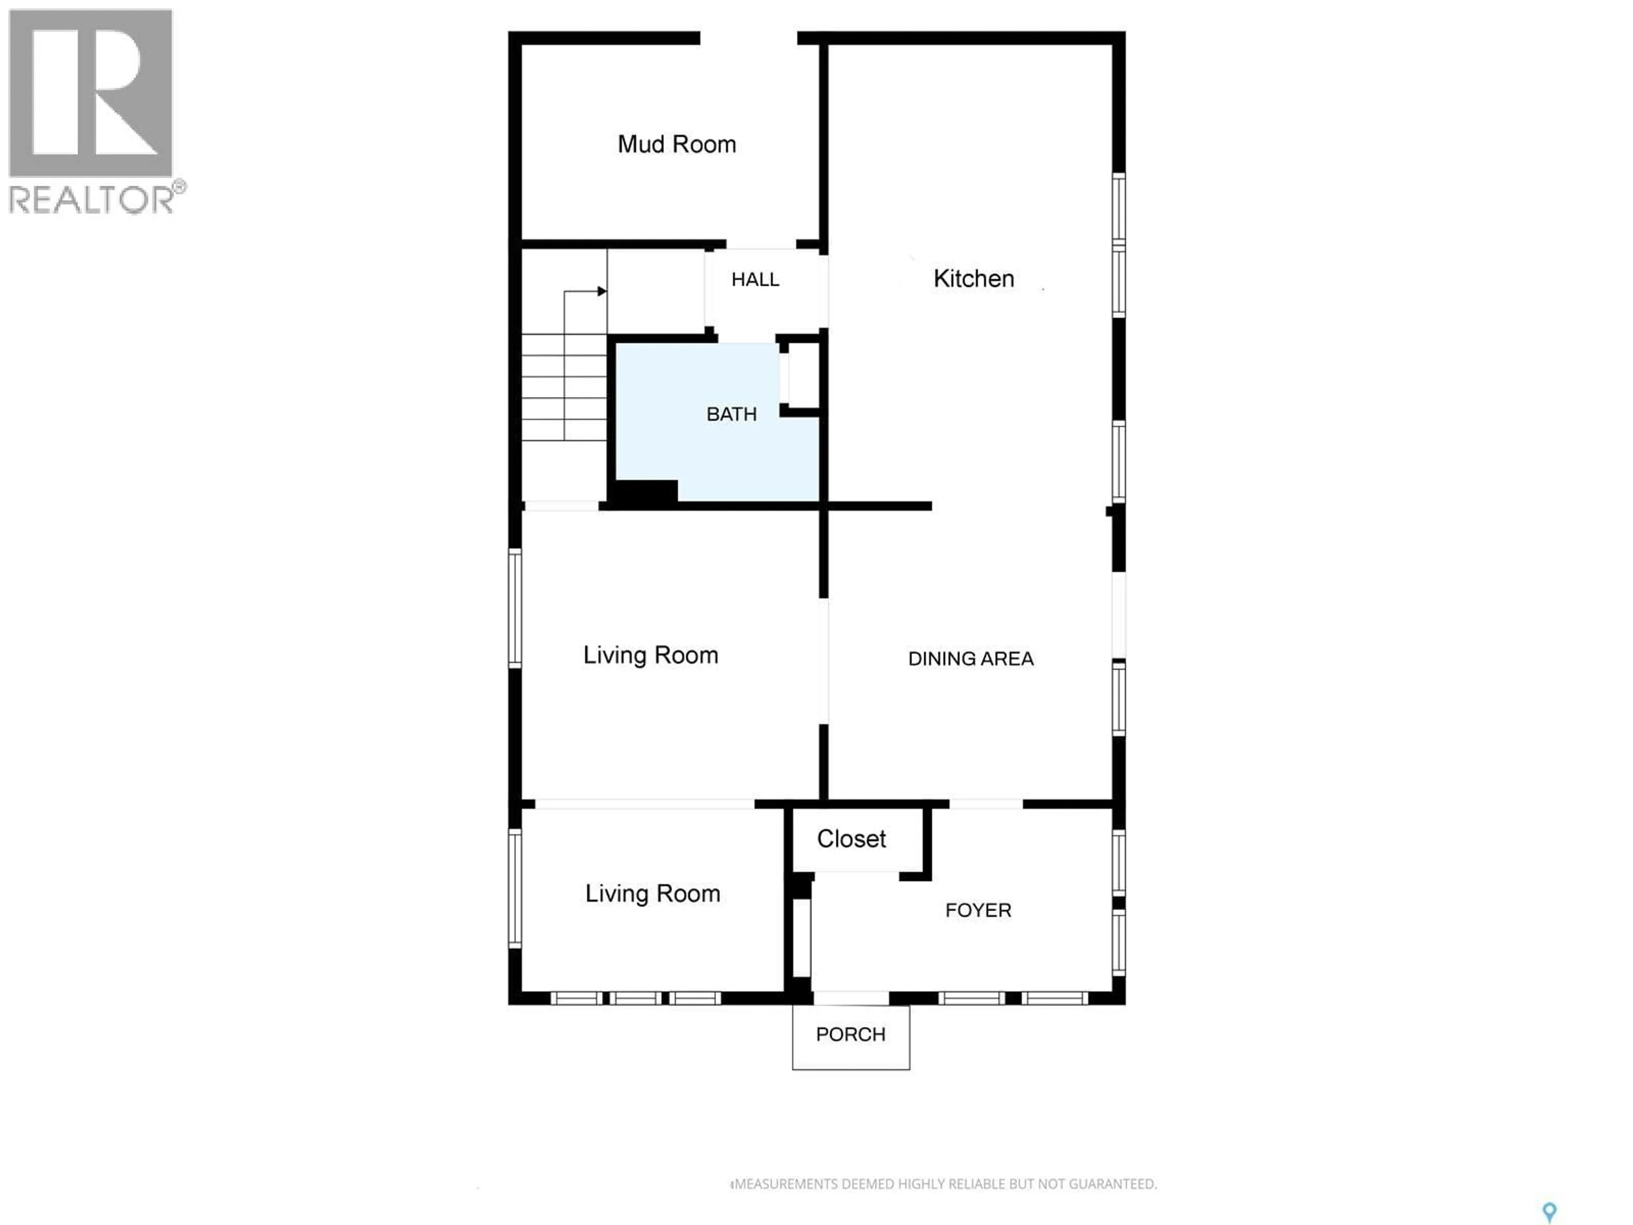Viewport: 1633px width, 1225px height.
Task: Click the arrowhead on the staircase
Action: pyautogui.click(x=602, y=291)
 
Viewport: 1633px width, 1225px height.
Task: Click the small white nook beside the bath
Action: pyautogui.click(x=800, y=376)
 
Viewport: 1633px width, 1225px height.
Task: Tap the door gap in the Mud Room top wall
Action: pyautogui.click(x=748, y=38)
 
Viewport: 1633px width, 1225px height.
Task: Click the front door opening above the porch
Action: pyautogui.click(x=851, y=997)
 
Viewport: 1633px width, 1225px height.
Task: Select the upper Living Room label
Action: pyautogui.click(x=650, y=655)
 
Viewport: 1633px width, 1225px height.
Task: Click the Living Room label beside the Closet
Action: pyautogui.click(x=653, y=894)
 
